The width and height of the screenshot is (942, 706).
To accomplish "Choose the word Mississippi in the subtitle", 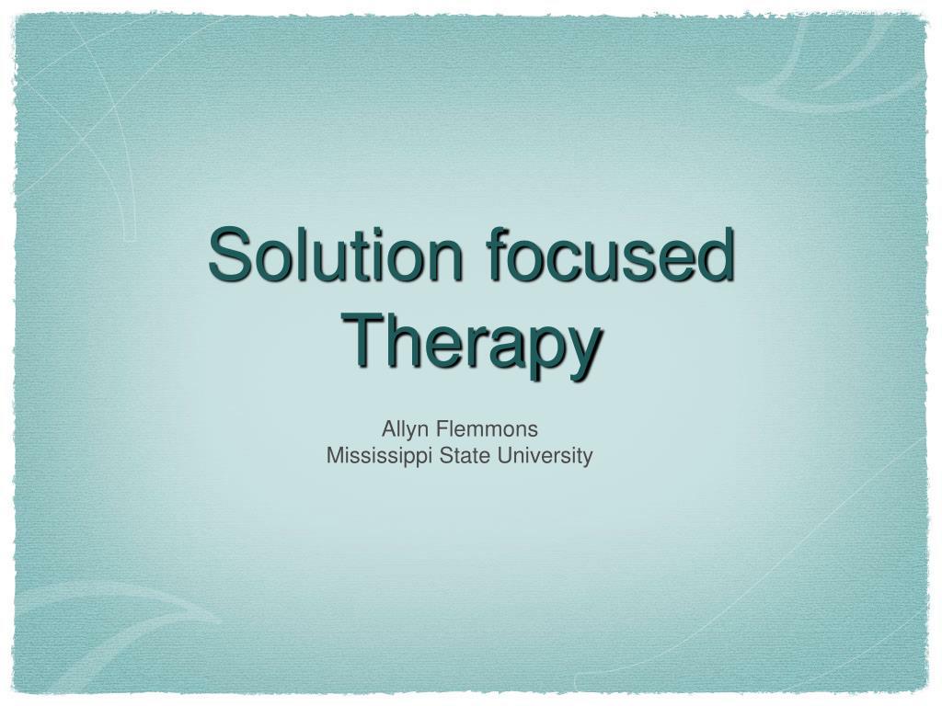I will (380, 456).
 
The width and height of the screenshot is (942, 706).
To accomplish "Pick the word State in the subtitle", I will (461, 455).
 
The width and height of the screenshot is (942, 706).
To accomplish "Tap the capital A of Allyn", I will (388, 428).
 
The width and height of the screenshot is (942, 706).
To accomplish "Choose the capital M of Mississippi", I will (334, 455).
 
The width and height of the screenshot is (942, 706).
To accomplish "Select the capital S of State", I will (443, 455).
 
